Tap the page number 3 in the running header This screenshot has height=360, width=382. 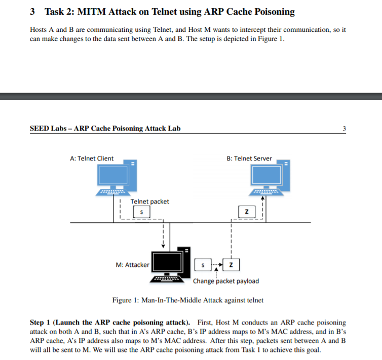coord(345,128)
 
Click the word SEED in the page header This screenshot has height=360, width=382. coord(40,128)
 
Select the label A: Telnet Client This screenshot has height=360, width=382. coord(92,158)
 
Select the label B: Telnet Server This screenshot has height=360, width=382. coord(249,158)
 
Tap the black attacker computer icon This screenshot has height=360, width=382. coord(170,264)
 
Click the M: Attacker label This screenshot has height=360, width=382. coord(132,265)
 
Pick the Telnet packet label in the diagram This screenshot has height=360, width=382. coord(149,202)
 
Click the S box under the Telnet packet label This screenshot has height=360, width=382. coord(142,211)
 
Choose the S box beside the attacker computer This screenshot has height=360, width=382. coord(202,265)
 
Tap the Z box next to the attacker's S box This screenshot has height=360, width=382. coord(231,265)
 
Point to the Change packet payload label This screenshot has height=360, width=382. coord(225,281)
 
